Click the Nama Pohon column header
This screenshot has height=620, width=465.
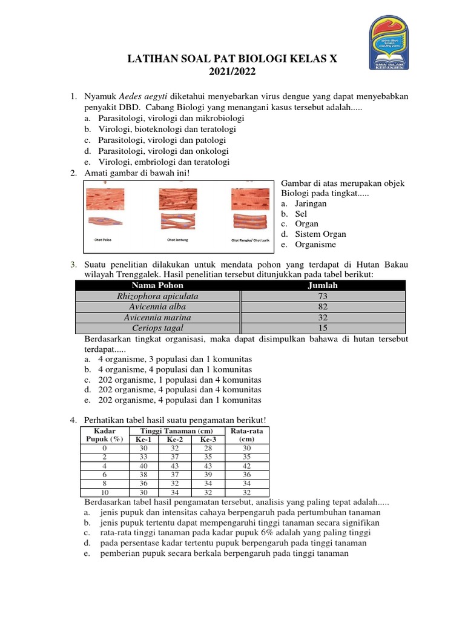coord(157,286)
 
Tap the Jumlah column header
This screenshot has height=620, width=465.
coord(323,286)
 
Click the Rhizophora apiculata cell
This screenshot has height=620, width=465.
coord(157,297)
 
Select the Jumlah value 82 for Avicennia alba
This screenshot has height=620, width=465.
coord(323,307)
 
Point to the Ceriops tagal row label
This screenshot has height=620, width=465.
coord(157,328)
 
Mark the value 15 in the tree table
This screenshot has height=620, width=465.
coord(323,328)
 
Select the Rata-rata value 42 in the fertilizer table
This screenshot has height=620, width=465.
coord(246,466)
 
